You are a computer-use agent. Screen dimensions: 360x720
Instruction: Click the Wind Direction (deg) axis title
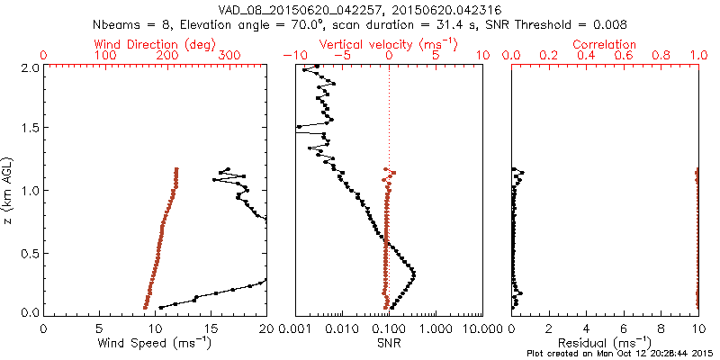click(155, 44)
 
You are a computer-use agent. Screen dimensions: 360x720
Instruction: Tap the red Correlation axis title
click(606, 44)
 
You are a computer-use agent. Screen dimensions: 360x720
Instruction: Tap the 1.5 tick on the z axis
click(30, 129)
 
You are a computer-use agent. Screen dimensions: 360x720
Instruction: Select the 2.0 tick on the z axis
click(30, 67)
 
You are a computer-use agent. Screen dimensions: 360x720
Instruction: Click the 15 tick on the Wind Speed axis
click(211, 328)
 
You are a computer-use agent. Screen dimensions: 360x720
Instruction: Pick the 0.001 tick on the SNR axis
click(295, 328)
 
